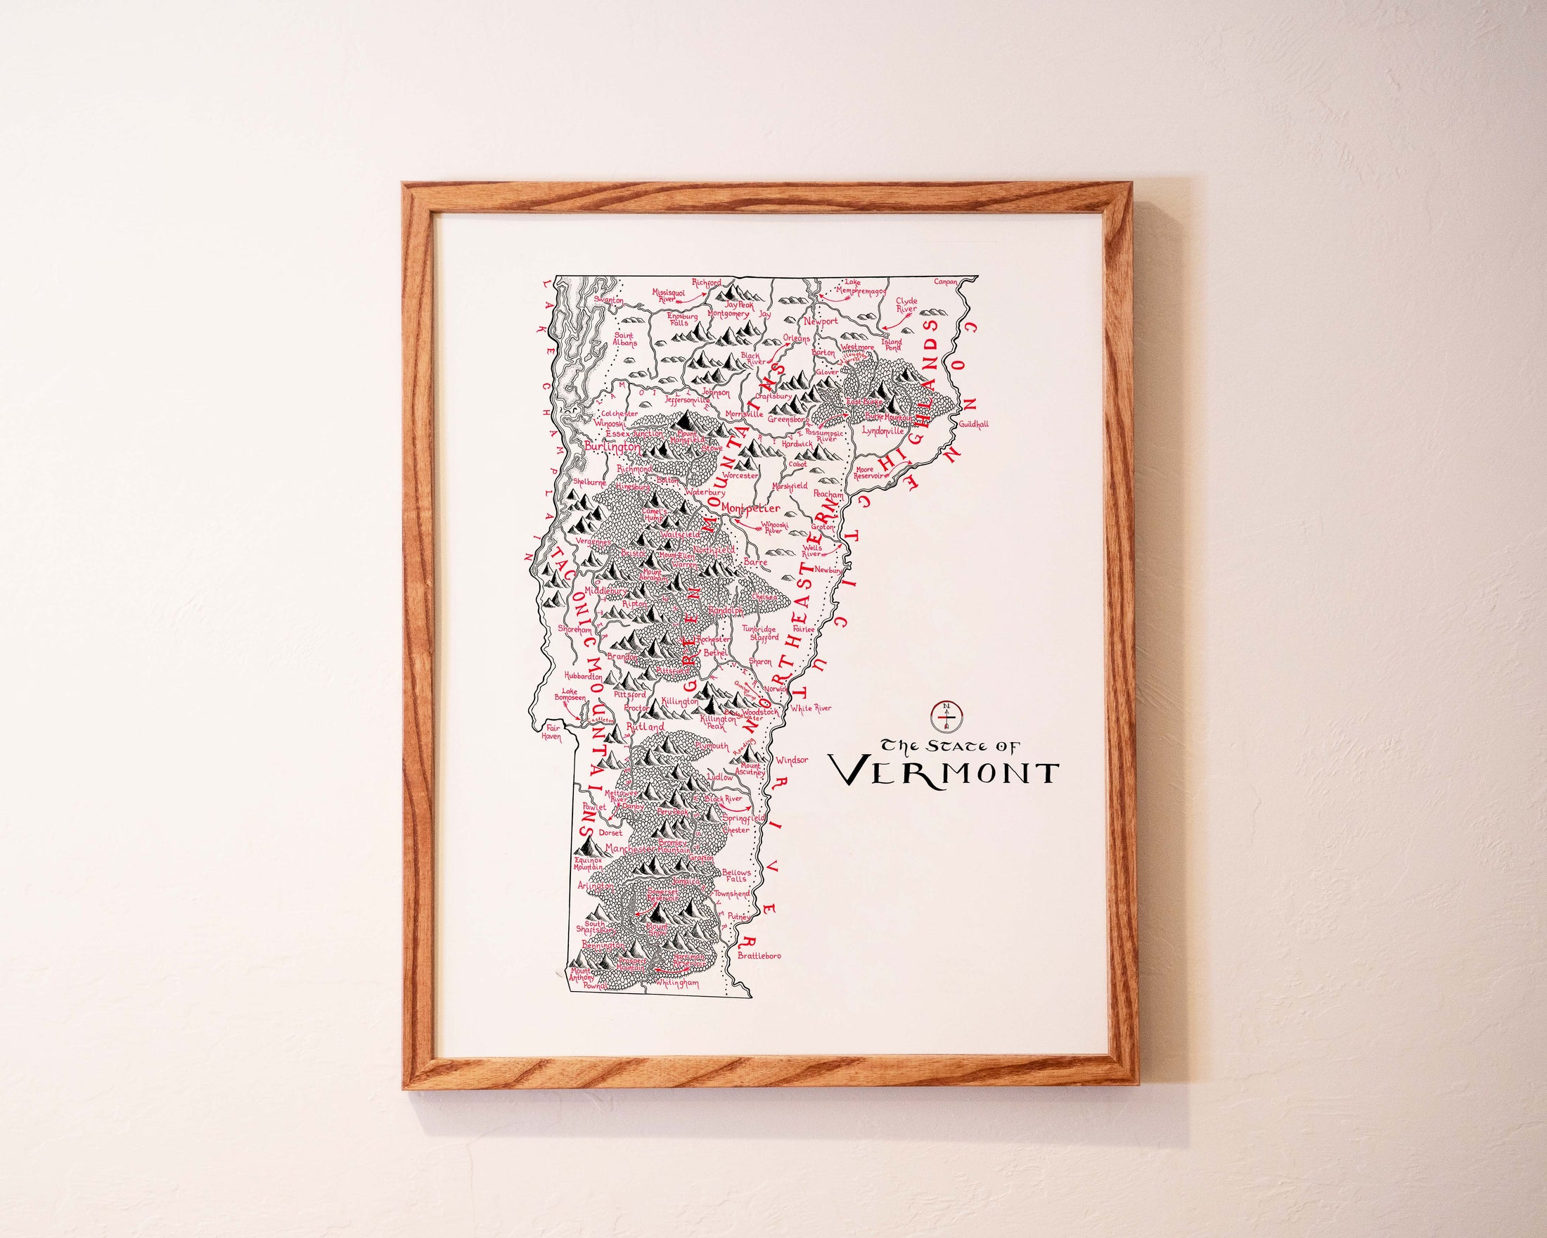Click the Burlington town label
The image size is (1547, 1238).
(x=612, y=446)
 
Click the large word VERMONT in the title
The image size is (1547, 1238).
(x=944, y=772)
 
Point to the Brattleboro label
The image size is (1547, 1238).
(x=759, y=956)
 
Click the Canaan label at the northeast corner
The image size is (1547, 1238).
(x=945, y=281)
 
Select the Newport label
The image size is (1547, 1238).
(x=820, y=321)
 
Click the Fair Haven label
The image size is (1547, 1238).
(x=551, y=732)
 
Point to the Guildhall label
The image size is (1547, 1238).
(x=973, y=424)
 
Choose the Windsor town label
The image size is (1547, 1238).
(x=792, y=759)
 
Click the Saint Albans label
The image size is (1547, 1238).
(x=624, y=339)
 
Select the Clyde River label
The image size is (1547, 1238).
(x=906, y=305)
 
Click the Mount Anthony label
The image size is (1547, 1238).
(x=582, y=976)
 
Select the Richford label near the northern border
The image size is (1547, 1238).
(x=706, y=283)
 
